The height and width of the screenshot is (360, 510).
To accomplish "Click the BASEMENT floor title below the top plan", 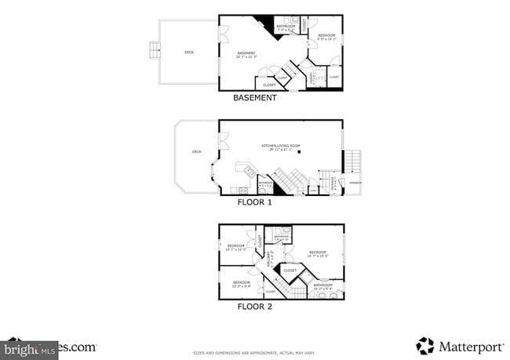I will point(255,98).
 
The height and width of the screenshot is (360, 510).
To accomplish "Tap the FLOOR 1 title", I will point(255,202).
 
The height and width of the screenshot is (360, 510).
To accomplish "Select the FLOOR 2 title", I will point(255,307).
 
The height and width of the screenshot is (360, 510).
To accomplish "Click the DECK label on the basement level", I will point(188,53).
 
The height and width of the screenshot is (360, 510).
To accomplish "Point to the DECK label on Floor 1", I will point(197,151).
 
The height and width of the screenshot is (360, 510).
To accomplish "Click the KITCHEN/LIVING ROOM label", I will point(280,147).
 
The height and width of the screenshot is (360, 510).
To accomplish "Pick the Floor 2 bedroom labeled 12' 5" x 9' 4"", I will point(241,283).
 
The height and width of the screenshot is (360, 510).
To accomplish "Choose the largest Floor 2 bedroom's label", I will point(317,253).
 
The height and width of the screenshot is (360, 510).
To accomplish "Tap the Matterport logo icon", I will point(425,346).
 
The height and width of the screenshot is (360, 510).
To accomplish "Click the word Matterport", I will point(466,346).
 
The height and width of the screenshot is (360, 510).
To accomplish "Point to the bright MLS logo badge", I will point(30,347).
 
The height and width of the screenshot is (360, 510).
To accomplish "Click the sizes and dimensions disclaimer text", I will point(255,354).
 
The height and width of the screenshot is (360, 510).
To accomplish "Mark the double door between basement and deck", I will point(223,35).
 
